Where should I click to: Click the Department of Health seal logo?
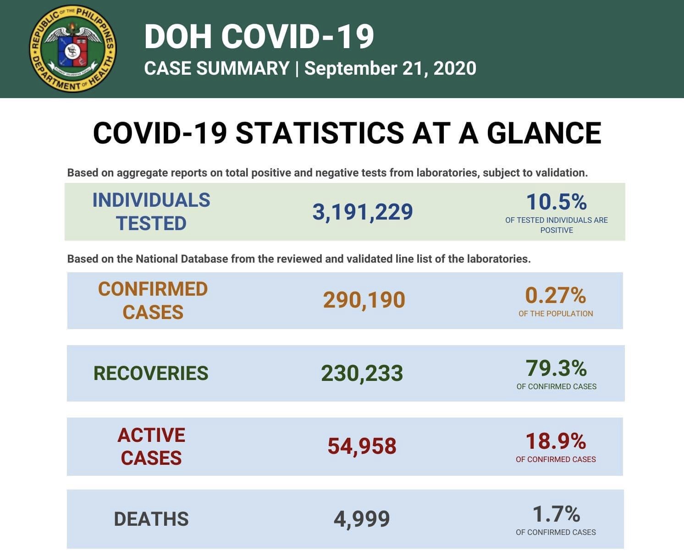coord(72,49)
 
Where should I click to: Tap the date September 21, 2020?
coord(390,68)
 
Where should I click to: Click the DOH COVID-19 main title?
coord(259,37)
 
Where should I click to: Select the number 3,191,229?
coord(363,212)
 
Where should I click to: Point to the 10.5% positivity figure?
coord(556,202)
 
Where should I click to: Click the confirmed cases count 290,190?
coord(364,300)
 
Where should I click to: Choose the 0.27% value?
coord(555,296)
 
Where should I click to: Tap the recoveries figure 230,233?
coord(362,373)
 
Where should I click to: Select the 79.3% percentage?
coord(556,368)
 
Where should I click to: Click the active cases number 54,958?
coord(362,446)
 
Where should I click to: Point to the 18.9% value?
coord(555,441)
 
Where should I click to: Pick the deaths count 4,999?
coord(362,519)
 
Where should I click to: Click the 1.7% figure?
coord(556,514)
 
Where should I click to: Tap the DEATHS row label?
coord(151,519)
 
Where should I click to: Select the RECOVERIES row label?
coord(151,373)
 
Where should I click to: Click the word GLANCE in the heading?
coord(544,133)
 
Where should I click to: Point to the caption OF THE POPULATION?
coord(556,314)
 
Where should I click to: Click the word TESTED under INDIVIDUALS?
coord(151,223)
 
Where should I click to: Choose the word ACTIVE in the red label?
coord(151,435)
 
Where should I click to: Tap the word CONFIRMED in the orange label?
coord(153,289)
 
